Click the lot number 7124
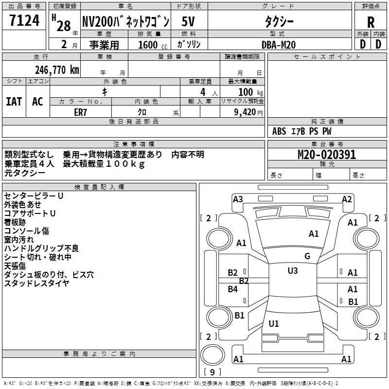[24, 21]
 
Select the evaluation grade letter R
[371, 22]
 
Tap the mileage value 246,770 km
[57, 70]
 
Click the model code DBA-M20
[279, 44]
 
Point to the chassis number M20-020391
[327, 155]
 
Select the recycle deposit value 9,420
[245, 112]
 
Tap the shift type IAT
[14, 101]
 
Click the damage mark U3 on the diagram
[292, 271]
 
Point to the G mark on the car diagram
[307, 256]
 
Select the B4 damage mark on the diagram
[233, 289]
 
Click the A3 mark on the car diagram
[238, 199]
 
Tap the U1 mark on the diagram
[274, 323]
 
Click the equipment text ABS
[279, 131]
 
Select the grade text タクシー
[279, 21]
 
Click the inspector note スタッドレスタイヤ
[36, 283]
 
